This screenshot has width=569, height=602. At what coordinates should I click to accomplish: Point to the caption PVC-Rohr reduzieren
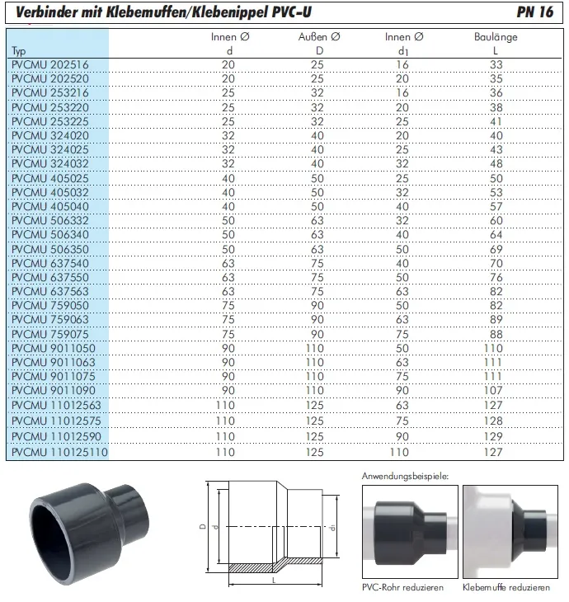[x=403, y=587]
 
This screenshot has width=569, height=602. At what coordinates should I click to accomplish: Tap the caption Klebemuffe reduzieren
[x=507, y=587]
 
